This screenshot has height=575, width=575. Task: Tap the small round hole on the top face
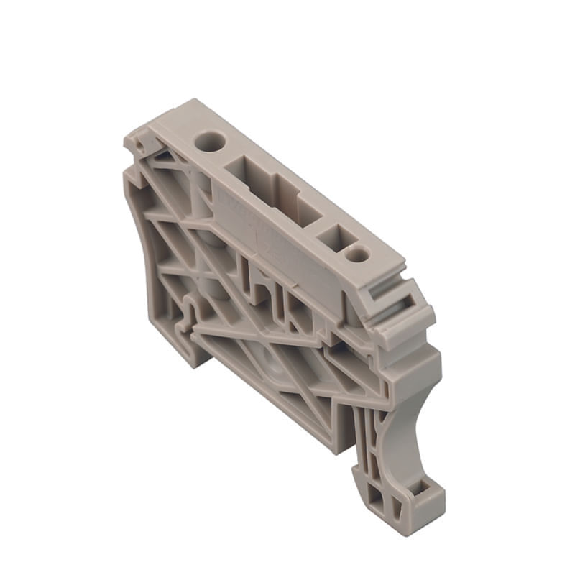click(356, 254)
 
